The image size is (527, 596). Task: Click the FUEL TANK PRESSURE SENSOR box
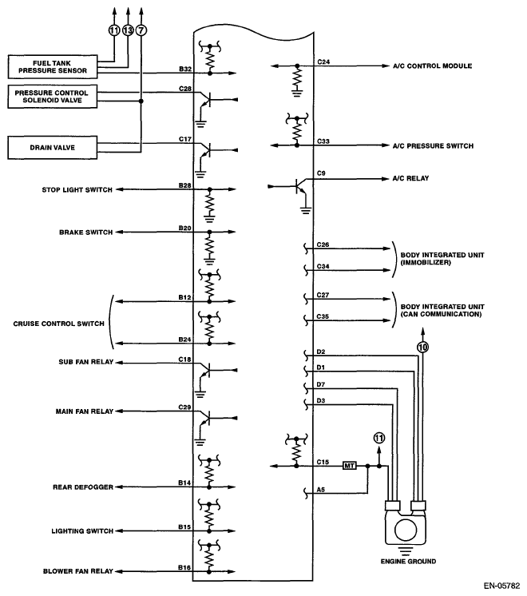point(53,67)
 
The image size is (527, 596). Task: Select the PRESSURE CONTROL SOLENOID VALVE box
point(53,97)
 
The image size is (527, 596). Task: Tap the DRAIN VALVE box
point(53,148)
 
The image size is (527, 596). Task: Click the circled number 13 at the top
point(128,30)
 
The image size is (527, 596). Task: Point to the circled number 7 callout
point(141,30)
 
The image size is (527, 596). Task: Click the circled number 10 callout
point(422,347)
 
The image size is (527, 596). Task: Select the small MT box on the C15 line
point(349,466)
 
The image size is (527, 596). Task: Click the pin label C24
point(323,62)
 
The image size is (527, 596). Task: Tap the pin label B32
point(185,69)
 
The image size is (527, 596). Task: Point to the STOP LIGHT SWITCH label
point(77,189)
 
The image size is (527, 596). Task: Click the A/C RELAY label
point(410,178)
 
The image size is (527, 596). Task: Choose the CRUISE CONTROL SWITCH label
point(58,324)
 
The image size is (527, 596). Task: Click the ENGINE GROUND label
point(409,562)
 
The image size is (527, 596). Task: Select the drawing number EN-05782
point(501,586)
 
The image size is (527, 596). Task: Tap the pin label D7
point(321,384)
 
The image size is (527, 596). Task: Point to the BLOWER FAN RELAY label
point(78,571)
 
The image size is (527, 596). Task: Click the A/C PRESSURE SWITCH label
point(433,146)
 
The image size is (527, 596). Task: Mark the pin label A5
point(321,490)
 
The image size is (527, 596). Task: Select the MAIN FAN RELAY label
point(85,411)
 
